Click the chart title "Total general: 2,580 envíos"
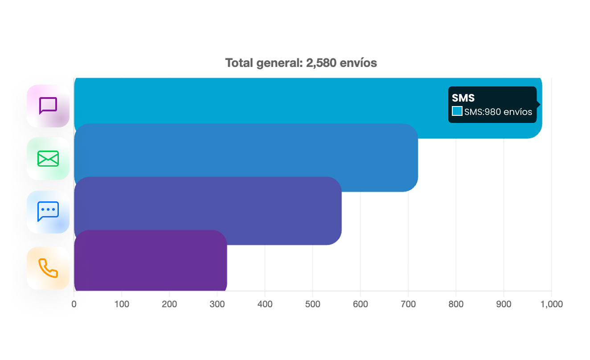pos(301,63)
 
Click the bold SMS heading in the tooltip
pos(463,98)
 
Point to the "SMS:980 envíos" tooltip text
pos(498,112)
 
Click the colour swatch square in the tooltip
pos(457,111)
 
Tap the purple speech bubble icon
pos(48,106)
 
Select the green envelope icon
pos(48,159)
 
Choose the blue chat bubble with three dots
pos(48,212)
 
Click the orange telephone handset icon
pos(48,268)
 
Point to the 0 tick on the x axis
pos(74,304)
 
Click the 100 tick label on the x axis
pos(122,304)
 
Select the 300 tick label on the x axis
pos(217,304)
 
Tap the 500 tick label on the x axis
pos(313,304)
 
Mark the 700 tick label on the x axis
pos(408,304)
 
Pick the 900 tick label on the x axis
pos(504,304)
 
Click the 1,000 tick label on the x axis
pos(551,304)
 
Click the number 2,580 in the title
pos(321,63)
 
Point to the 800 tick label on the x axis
pos(456,304)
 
